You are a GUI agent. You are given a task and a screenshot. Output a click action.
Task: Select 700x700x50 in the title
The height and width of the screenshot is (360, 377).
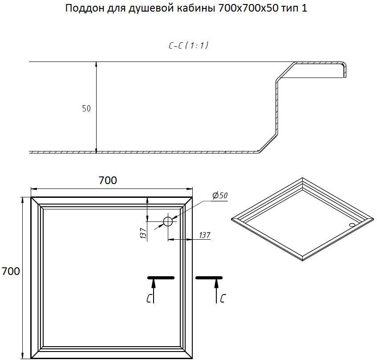[x=249, y=8]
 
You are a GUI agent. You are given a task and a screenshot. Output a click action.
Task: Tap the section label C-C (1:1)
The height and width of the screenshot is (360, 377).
[x=189, y=45]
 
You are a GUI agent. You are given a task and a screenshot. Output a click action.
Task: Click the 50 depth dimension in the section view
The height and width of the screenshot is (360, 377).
[x=86, y=108]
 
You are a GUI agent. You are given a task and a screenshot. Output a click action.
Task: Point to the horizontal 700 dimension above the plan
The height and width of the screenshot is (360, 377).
[x=108, y=180]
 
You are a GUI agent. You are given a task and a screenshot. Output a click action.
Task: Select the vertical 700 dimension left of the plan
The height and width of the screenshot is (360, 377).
[x=11, y=271]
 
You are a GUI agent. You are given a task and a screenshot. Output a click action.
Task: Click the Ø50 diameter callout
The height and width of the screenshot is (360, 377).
[x=220, y=196]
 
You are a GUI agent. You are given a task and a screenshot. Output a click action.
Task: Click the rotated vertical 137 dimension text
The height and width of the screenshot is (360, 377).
[x=143, y=233]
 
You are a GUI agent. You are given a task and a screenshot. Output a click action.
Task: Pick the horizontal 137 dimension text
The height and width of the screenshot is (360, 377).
[x=205, y=235]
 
